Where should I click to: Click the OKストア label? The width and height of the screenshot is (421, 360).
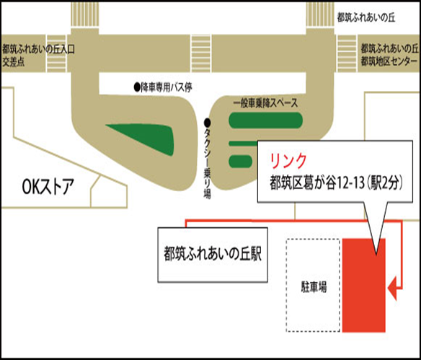tap(48, 187)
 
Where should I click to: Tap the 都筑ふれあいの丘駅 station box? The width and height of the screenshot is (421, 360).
tap(213, 255)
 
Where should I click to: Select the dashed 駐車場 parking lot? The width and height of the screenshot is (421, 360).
tap(313, 285)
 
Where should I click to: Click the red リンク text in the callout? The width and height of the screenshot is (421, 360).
tap(288, 161)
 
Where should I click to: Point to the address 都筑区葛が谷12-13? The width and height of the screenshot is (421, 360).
tap(316, 183)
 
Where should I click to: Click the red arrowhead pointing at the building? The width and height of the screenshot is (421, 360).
tap(393, 289)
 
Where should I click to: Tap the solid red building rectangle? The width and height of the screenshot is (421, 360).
tap(364, 285)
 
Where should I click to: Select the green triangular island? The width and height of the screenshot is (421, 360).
tap(146, 136)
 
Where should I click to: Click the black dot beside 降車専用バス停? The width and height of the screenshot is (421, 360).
tap(137, 87)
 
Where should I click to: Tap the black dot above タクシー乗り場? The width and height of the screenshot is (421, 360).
tap(208, 123)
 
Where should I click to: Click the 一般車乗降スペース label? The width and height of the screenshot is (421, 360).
tap(265, 103)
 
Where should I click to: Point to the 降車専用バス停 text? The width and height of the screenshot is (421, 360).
tap(167, 87)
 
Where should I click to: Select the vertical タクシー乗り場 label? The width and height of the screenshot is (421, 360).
tap(208, 163)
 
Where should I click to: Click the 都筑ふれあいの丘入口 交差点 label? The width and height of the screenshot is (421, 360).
tap(38, 56)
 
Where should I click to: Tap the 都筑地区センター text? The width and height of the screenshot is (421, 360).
tap(389, 61)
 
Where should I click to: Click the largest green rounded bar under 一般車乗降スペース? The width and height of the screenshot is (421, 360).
tap(265, 120)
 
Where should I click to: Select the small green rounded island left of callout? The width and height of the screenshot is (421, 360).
tap(241, 161)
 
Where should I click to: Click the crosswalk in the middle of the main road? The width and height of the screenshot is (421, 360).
tap(201, 53)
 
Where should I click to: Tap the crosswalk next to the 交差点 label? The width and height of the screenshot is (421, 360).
tap(56, 53)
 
